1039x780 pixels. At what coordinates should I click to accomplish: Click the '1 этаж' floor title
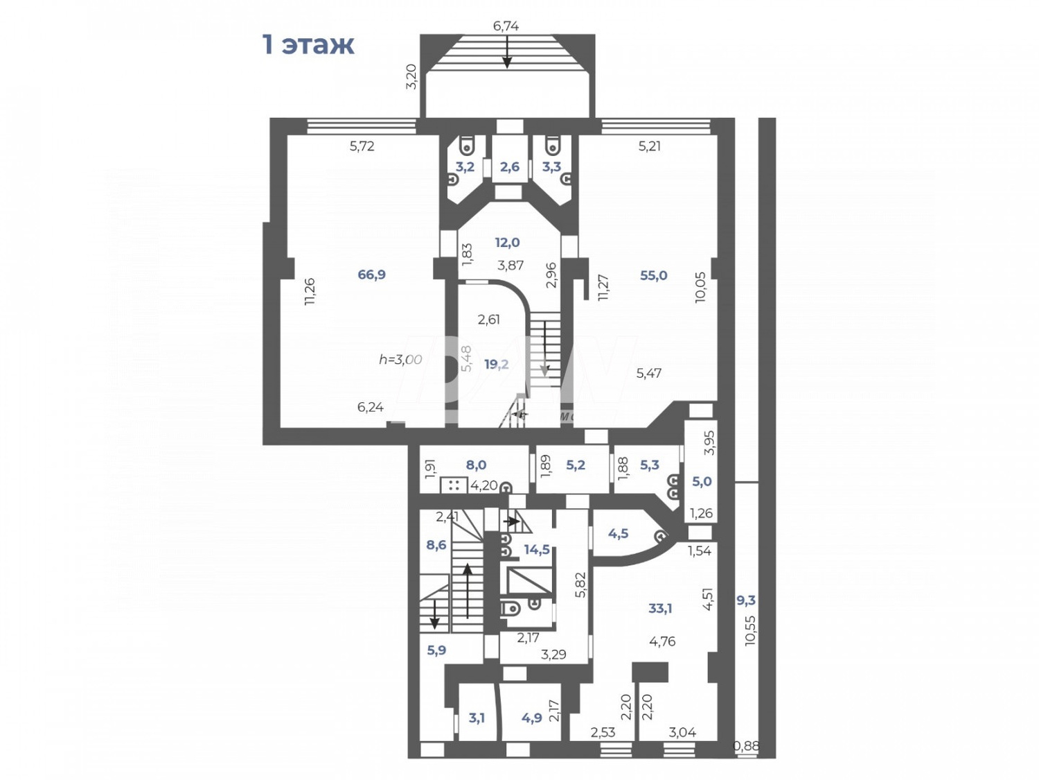(308, 44)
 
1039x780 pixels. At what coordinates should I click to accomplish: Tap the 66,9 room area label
(371, 275)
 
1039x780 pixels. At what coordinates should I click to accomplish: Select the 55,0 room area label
(653, 275)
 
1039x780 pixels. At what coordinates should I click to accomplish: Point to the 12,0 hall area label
(507, 243)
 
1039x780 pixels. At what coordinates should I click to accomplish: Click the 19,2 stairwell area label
(496, 364)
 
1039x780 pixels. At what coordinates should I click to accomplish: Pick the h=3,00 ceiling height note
(400, 359)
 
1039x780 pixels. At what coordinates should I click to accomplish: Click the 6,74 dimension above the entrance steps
(506, 26)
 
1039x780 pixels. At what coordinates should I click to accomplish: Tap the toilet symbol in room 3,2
(467, 146)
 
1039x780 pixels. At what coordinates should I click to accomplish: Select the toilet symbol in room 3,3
(553, 146)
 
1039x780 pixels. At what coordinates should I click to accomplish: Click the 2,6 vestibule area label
(510, 167)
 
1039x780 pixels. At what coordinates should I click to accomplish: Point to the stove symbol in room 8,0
(454, 485)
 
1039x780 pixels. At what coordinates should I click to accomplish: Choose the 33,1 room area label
(660, 609)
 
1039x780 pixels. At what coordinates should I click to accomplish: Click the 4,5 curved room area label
(618, 534)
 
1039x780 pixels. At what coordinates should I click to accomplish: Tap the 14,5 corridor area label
(537, 550)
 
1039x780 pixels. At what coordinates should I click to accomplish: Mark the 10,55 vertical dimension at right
(751, 631)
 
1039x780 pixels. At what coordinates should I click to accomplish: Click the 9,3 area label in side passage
(745, 600)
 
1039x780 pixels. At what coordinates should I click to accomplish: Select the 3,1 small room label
(477, 718)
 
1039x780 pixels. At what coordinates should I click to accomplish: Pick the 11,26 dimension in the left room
(310, 291)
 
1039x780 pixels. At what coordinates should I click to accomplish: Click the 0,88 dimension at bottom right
(746, 747)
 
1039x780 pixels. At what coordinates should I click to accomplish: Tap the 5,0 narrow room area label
(702, 482)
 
